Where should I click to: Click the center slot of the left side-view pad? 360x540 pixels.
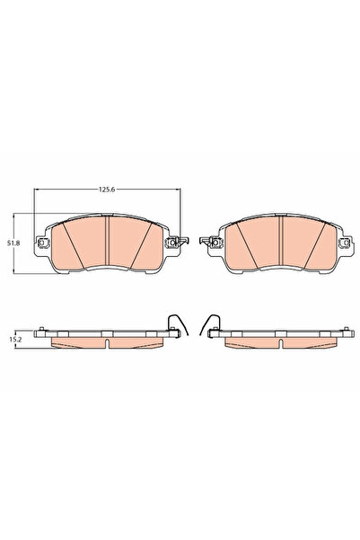click(106, 340)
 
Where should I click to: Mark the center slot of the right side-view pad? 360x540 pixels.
click(281, 340)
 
